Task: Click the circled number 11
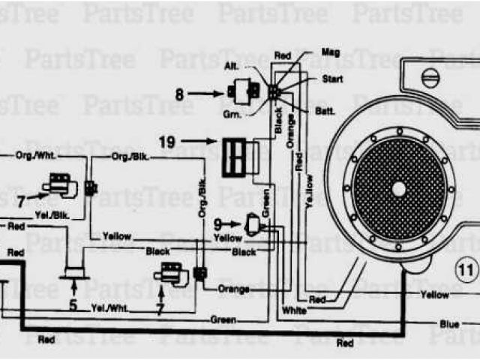(x=466, y=268)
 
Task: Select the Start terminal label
(x=332, y=77)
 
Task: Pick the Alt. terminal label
(x=232, y=66)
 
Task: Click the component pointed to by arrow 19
(x=238, y=156)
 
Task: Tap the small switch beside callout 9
(x=254, y=223)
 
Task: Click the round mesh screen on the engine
(x=398, y=187)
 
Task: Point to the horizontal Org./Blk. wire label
(x=128, y=157)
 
